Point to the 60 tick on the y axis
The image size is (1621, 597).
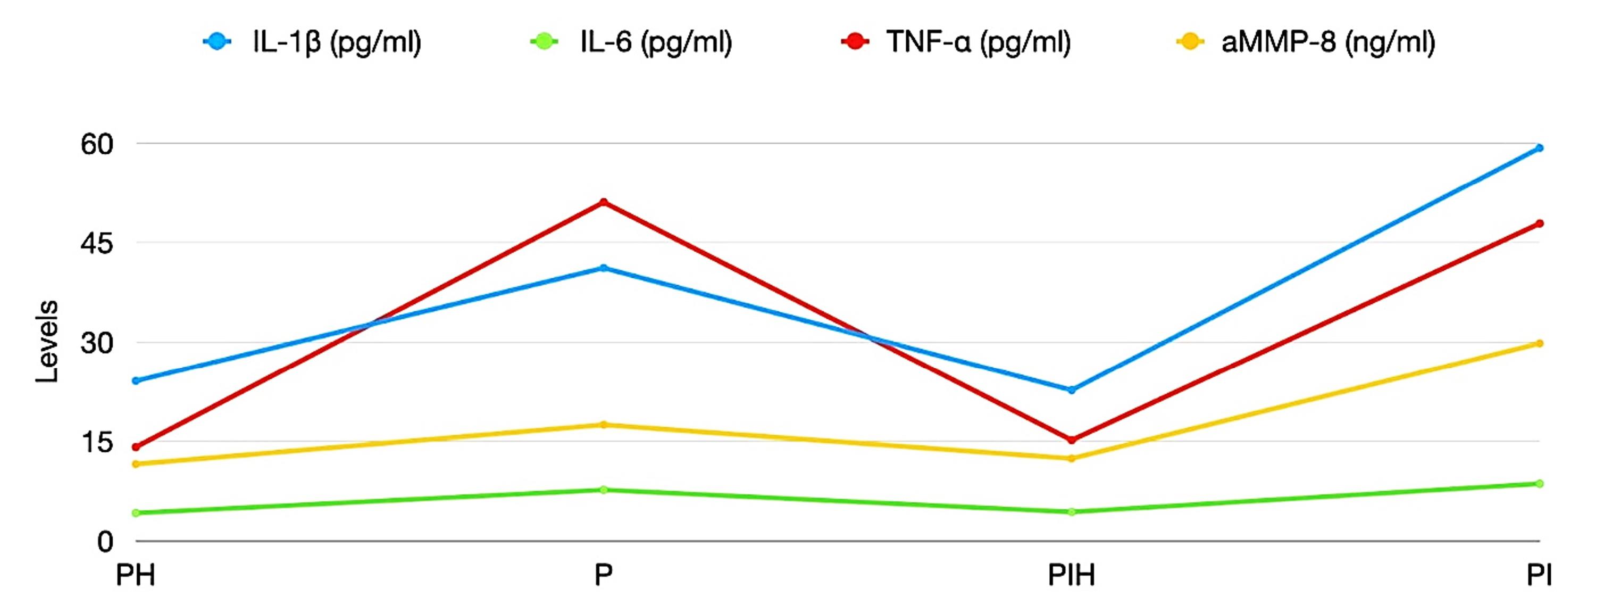pos(97,144)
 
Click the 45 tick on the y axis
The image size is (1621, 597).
pos(97,243)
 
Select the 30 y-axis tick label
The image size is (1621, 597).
pos(97,343)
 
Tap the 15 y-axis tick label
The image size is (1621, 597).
pos(97,442)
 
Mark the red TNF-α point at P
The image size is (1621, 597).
pos(604,202)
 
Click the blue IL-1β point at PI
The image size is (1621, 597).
pos(1539,148)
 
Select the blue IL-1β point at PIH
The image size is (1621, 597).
pos(1072,390)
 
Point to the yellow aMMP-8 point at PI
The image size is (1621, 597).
pos(1539,343)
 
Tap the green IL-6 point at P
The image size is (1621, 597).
pos(604,490)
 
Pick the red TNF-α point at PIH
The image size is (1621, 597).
pos(1072,440)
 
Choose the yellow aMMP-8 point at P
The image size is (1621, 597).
pos(604,425)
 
